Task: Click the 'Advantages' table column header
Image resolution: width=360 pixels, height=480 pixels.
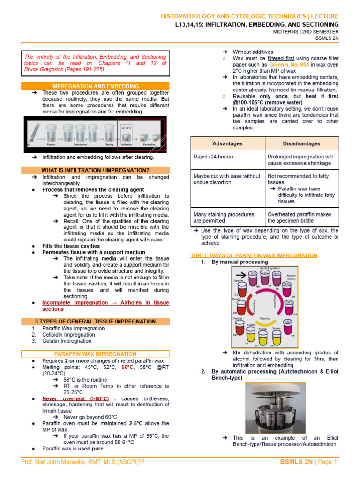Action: pos(227,143)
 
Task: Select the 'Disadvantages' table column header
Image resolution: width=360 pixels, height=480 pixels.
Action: pos(301,143)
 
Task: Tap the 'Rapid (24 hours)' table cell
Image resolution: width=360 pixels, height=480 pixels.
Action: pos(213,157)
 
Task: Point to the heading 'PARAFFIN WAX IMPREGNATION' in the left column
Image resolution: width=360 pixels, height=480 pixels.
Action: pos(95,354)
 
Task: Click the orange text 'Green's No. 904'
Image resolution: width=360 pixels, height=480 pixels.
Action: pos(288,65)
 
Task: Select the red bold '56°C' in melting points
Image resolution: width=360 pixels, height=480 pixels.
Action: pos(127,367)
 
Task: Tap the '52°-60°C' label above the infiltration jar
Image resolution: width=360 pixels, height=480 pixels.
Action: pos(127,127)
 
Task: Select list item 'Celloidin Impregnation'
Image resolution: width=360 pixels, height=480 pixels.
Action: pos(68,335)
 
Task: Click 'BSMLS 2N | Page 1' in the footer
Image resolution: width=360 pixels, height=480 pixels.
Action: pos(308,462)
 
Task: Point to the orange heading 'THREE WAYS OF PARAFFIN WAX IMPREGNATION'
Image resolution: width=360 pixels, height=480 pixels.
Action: pos(254,255)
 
